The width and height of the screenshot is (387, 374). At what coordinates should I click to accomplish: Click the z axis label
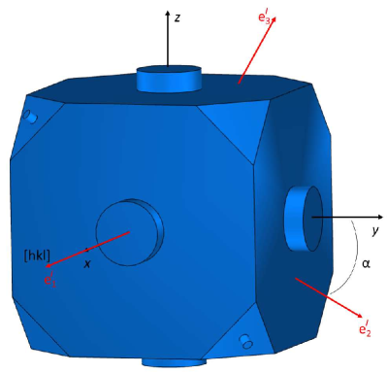click(177, 17)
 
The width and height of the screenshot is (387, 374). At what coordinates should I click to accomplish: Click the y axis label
click(375, 231)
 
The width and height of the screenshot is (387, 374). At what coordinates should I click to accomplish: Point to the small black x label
click(87, 264)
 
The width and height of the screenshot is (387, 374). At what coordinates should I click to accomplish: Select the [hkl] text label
click(38, 255)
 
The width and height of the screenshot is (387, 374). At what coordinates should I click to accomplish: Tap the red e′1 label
click(50, 279)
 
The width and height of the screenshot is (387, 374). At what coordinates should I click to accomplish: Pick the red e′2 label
click(365, 328)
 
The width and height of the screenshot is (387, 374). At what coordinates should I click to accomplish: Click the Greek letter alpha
click(366, 264)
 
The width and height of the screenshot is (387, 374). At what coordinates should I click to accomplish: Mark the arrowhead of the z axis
click(168, 13)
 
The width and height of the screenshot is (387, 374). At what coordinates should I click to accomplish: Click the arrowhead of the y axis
click(380, 217)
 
